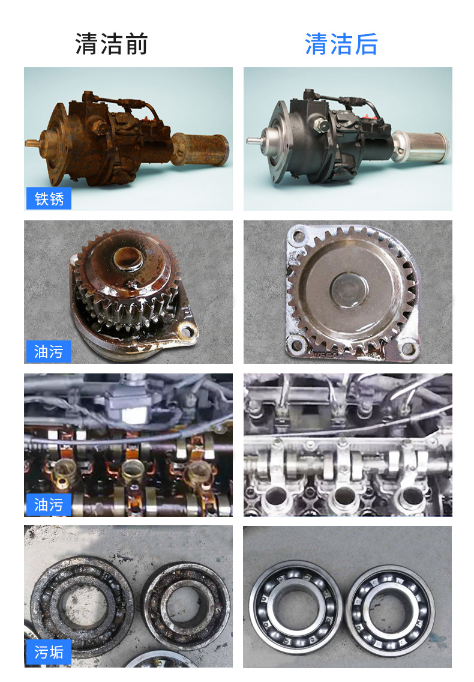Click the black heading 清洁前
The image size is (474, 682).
point(112,44)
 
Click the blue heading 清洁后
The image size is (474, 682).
point(341,44)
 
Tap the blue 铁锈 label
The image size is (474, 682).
point(49,199)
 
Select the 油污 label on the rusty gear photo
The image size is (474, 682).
point(49,351)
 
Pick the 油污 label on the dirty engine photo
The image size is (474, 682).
point(49,504)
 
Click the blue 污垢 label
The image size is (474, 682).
point(49,653)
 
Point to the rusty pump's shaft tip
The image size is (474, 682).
point(28,143)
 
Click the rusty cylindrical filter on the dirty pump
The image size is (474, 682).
point(199,149)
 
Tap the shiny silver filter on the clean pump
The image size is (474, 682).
point(420,147)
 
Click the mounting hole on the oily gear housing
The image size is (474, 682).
point(187,331)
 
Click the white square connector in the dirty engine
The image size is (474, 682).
point(134,415)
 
